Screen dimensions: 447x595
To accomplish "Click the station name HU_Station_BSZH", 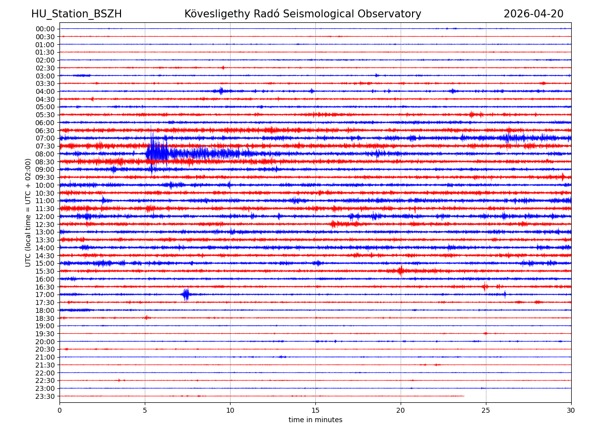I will pyautogui.click(x=76, y=14).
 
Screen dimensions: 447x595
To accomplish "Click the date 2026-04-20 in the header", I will pyautogui.click(x=533, y=14).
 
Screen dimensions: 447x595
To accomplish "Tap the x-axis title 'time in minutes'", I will pyautogui.click(x=315, y=420).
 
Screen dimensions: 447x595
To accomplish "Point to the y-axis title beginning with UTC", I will pyautogui.click(x=28, y=212).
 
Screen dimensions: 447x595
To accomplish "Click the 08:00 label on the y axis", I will pyautogui.click(x=45, y=154).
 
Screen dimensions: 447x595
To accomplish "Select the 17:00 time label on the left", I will pyautogui.click(x=45, y=295).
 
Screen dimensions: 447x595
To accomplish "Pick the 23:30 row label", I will pyautogui.click(x=45, y=396).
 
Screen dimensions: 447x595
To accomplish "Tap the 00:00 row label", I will pyautogui.click(x=45, y=29).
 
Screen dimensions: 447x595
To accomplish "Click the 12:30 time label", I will pyautogui.click(x=45, y=224).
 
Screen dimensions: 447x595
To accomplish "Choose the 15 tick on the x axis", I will pyautogui.click(x=315, y=410).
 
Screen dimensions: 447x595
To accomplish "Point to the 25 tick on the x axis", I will pyautogui.click(x=486, y=410).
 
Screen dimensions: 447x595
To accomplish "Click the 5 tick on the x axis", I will pyautogui.click(x=145, y=410).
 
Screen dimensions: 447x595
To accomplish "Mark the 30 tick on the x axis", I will pyautogui.click(x=571, y=410).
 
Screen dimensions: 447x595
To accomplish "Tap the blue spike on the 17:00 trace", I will pyautogui.click(x=186, y=295).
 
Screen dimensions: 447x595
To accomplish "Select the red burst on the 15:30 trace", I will pyautogui.click(x=400, y=271).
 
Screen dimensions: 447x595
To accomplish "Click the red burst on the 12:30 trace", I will pyautogui.click(x=334, y=224).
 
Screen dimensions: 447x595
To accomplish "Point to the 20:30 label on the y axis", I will pyautogui.click(x=45, y=349).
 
